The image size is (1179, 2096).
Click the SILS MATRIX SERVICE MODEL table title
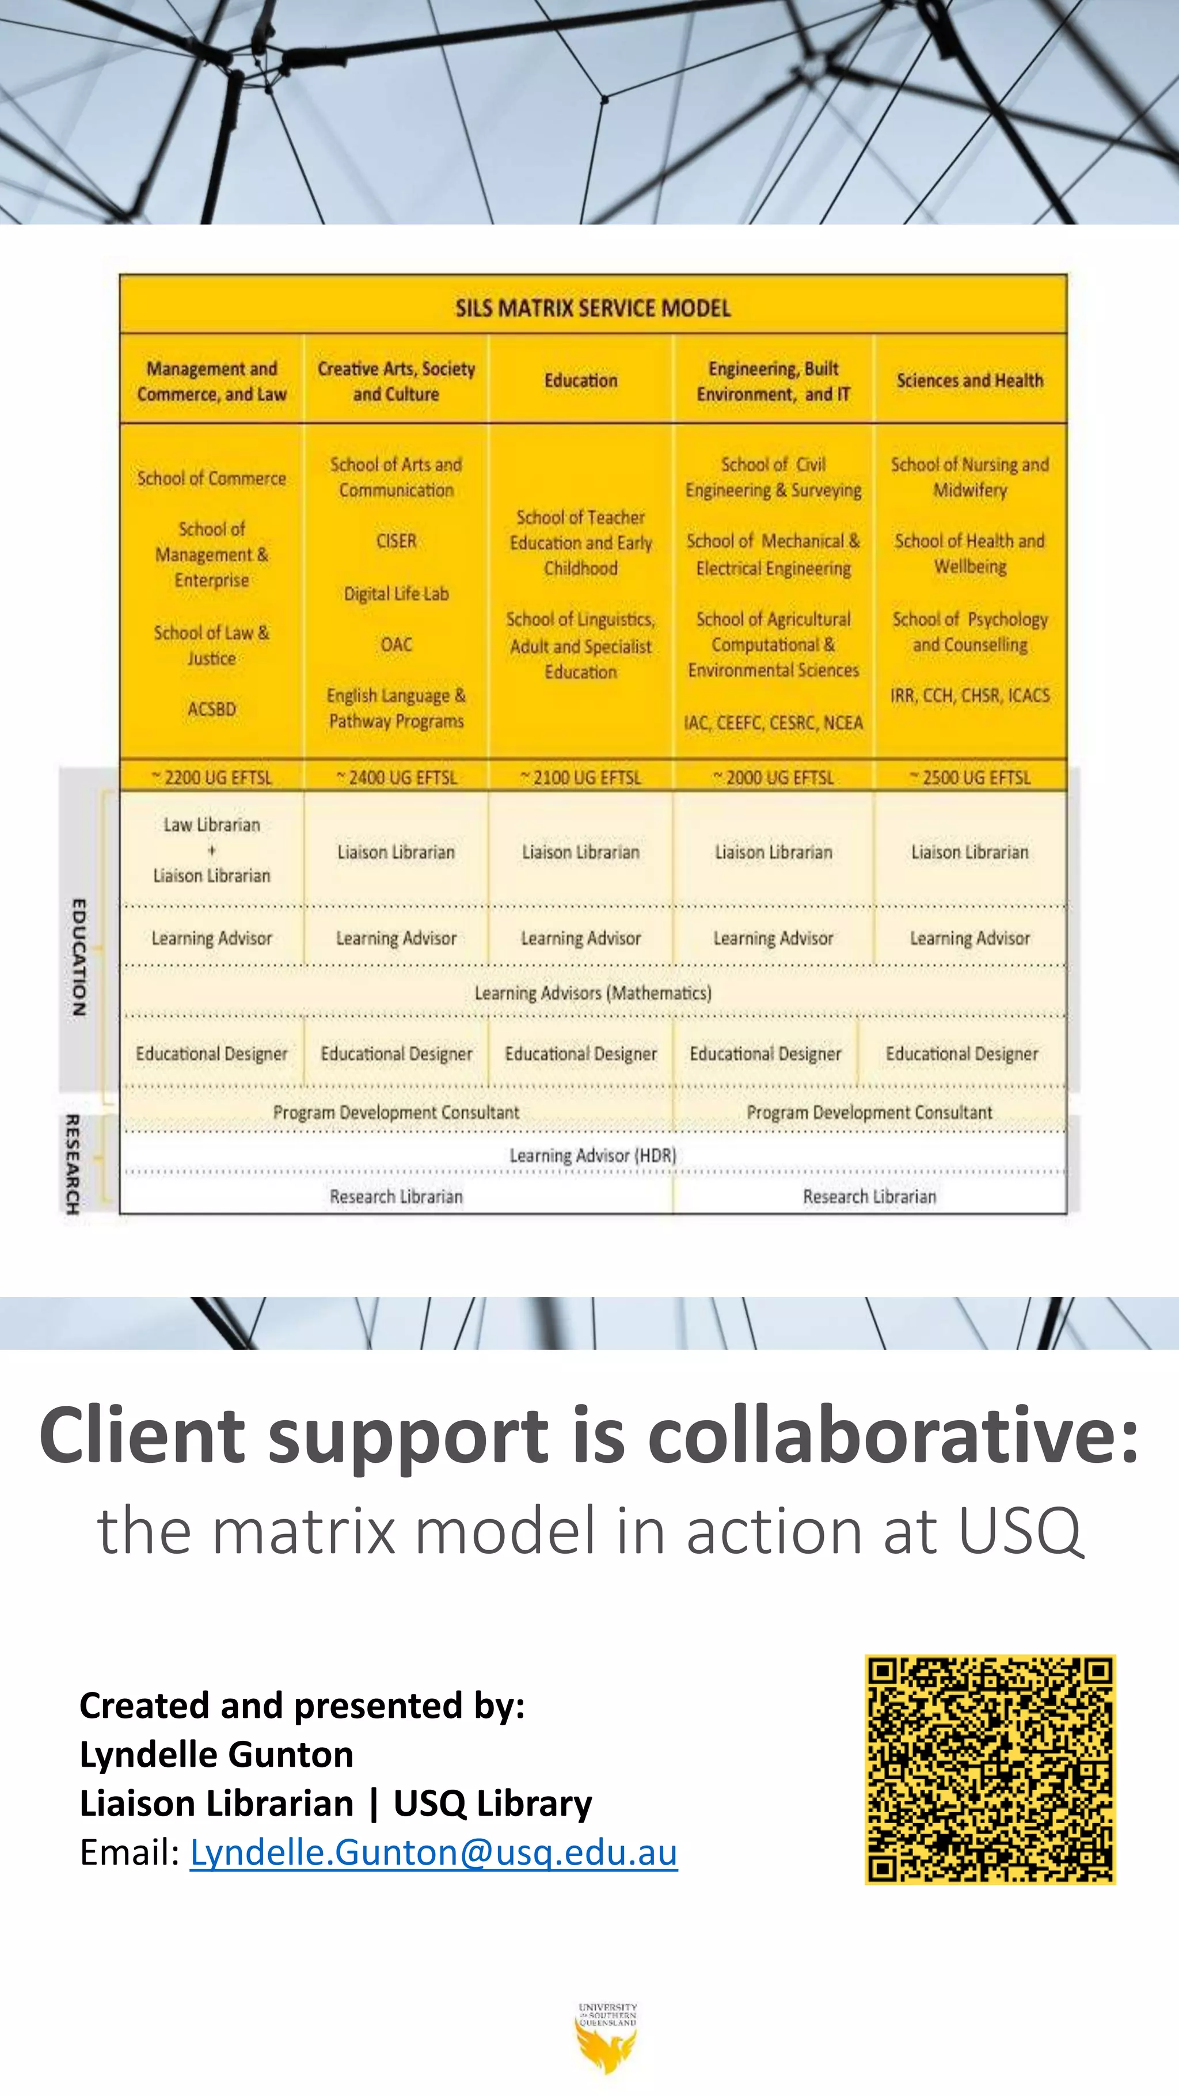tap(592, 307)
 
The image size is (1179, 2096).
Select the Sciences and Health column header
tap(969, 381)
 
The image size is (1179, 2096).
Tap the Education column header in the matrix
tap(581, 381)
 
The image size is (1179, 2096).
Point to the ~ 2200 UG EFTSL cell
tap(211, 777)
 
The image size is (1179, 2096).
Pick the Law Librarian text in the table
tap(211, 825)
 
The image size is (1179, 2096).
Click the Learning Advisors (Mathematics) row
tap(592, 992)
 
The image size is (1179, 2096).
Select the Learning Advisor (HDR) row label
tap(592, 1155)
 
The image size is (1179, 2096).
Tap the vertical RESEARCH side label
tap(73, 1163)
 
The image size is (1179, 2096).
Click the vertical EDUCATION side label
tap(79, 956)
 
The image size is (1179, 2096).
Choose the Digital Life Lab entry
tap(396, 594)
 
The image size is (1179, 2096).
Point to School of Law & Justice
tap(211, 645)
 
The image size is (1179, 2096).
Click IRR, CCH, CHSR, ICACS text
tap(969, 695)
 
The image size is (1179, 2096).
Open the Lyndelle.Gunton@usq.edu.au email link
tap(433, 1852)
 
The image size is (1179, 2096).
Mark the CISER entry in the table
tap(396, 541)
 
